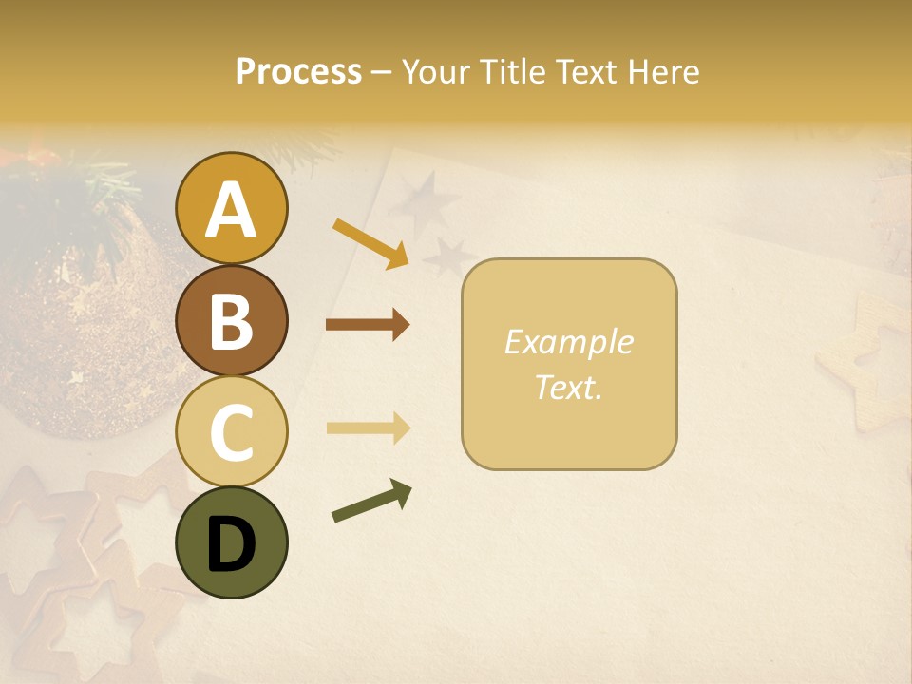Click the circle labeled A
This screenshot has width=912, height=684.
click(x=232, y=209)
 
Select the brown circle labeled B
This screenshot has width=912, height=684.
click(x=232, y=320)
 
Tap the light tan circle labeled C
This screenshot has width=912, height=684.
click(x=232, y=431)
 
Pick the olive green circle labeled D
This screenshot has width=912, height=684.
click(x=232, y=542)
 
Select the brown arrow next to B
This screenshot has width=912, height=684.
click(x=368, y=325)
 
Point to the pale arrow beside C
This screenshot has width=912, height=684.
click(x=368, y=428)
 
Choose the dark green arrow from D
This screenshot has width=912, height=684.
click(x=371, y=502)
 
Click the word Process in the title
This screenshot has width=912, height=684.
click(x=298, y=71)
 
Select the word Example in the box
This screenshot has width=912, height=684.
click(x=569, y=342)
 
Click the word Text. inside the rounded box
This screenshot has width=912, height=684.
click(x=569, y=387)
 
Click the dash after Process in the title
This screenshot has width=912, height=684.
click(x=382, y=73)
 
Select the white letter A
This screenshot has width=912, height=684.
click(x=232, y=210)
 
